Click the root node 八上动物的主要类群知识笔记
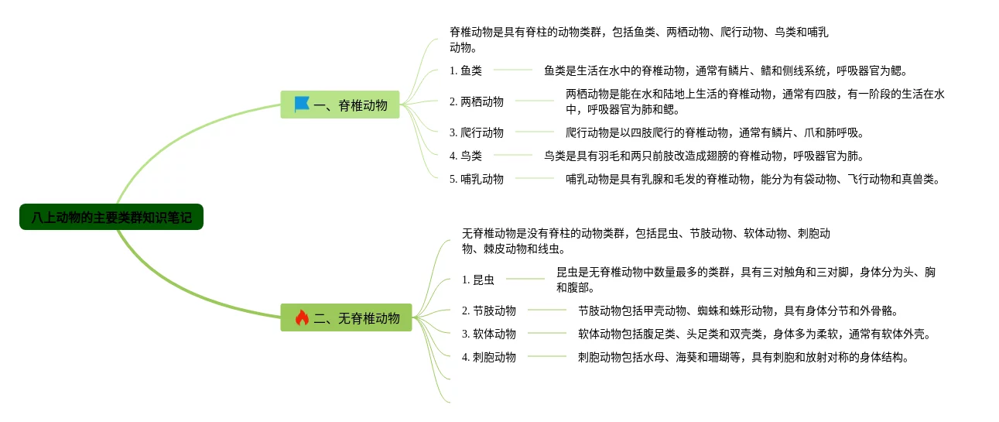tap(111, 218)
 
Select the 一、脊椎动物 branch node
tap(340, 105)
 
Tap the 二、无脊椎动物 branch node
tap(346, 317)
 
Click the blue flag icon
tap(302, 104)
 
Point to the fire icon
tap(302, 317)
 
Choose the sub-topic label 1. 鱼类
tap(466, 70)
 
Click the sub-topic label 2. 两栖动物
tap(477, 101)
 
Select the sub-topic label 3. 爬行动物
tap(477, 132)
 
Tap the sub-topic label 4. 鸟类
tap(466, 156)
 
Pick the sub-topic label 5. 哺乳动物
tap(477, 179)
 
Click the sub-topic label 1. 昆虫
tap(478, 280)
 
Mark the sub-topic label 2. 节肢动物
tap(489, 310)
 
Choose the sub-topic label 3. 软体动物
tap(489, 334)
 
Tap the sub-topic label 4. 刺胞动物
tap(489, 357)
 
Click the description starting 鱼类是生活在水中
tap(724, 70)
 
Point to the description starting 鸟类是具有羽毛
tap(703, 156)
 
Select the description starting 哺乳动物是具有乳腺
tap(753, 179)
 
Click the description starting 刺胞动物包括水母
tap(743, 357)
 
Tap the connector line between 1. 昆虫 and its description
tap(525, 279)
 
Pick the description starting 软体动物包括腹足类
tap(754, 334)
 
